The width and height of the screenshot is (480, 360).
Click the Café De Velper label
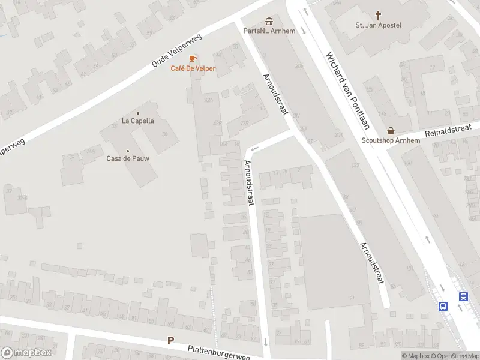tap(193, 68)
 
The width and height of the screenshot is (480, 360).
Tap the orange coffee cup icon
tap(193, 58)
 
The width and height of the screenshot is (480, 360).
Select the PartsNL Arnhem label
tap(269, 31)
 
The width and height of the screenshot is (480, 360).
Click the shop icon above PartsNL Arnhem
tap(269, 20)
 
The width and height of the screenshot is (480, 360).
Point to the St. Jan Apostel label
tap(379, 25)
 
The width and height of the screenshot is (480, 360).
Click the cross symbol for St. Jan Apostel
tap(379, 14)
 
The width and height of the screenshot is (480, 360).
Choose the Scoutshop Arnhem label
tap(391, 141)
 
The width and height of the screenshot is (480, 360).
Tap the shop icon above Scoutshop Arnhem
tap(391, 130)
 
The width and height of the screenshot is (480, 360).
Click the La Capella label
tap(138, 121)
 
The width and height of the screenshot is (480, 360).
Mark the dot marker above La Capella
tap(138, 113)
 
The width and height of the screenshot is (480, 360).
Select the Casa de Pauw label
tap(128, 158)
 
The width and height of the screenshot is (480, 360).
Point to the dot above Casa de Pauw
tap(128, 151)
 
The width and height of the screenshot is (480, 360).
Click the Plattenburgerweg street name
tap(218, 352)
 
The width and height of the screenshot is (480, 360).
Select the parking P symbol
tap(170, 341)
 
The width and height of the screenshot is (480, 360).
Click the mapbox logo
tap(26, 353)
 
